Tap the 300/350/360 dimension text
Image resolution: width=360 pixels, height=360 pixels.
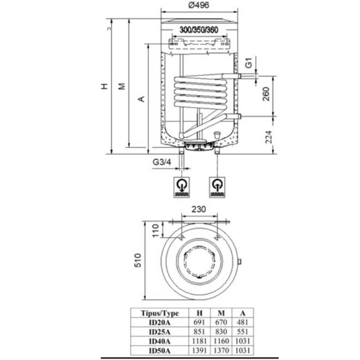(x=198, y=30)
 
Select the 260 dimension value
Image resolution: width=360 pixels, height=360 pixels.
(x=266, y=95)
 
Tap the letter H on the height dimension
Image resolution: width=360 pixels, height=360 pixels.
(x=104, y=86)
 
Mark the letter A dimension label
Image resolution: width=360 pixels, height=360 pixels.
(x=141, y=99)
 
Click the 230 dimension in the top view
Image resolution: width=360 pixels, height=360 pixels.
(x=198, y=210)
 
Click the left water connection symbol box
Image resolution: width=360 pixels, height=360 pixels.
(x=182, y=186)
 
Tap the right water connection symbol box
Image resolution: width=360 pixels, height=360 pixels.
(x=217, y=186)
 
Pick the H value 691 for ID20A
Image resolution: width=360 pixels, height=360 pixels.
(x=199, y=323)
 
